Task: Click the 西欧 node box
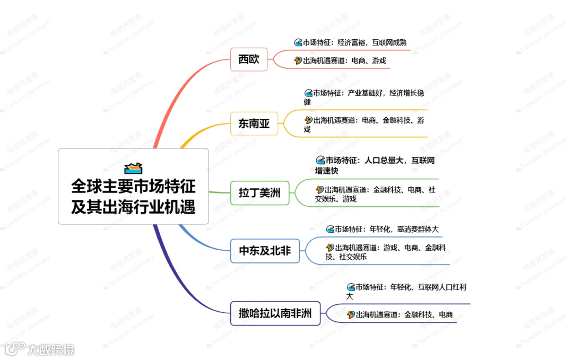tap(249, 59)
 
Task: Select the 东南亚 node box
tap(254, 124)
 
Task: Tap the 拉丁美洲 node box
tap(259, 193)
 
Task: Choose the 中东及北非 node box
tap(265, 251)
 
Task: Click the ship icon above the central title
tap(133, 168)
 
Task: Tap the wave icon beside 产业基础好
tap(308, 93)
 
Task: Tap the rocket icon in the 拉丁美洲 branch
tap(319, 189)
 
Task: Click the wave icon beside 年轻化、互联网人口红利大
tap(351, 287)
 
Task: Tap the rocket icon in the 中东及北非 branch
tap(330, 248)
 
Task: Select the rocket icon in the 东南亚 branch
tap(308, 120)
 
